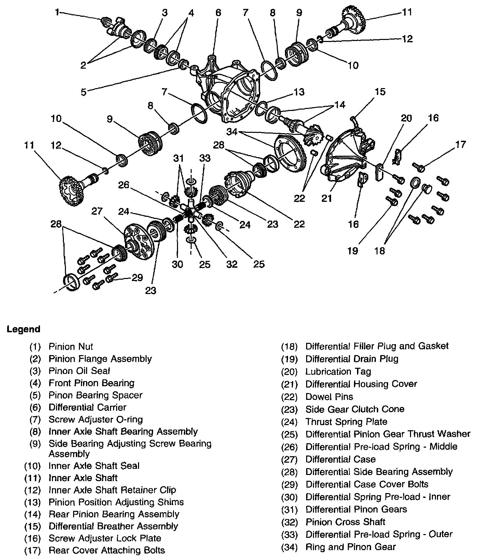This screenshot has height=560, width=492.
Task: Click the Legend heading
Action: tap(23, 330)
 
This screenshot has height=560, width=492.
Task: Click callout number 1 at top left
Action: tap(57, 13)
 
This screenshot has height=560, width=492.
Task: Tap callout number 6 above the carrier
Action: tap(218, 13)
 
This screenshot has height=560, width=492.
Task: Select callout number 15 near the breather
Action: tap(380, 92)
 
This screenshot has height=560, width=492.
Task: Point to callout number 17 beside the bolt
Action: tap(460, 144)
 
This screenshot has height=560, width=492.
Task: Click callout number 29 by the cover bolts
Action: tap(137, 278)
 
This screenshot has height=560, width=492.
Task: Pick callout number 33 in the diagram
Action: tap(205, 158)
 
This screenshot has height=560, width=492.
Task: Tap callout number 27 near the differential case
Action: tap(97, 211)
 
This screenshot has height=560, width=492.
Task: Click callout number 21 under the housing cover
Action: tap(327, 198)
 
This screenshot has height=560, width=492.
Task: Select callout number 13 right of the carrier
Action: tap(299, 92)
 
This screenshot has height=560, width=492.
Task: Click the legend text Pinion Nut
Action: tap(71, 347)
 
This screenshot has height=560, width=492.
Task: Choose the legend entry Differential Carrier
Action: tap(87, 407)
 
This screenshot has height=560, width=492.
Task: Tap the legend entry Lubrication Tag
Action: tap(338, 372)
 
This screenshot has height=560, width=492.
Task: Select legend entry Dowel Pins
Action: tap(329, 397)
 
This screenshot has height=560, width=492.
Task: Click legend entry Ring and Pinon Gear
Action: tap(350, 547)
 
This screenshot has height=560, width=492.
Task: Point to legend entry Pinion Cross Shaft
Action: tap(345, 522)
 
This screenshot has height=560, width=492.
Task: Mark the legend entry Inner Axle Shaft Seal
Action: tap(94, 466)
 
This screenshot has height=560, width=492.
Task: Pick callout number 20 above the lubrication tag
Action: tap(406, 118)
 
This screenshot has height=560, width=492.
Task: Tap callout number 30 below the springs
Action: tap(177, 264)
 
